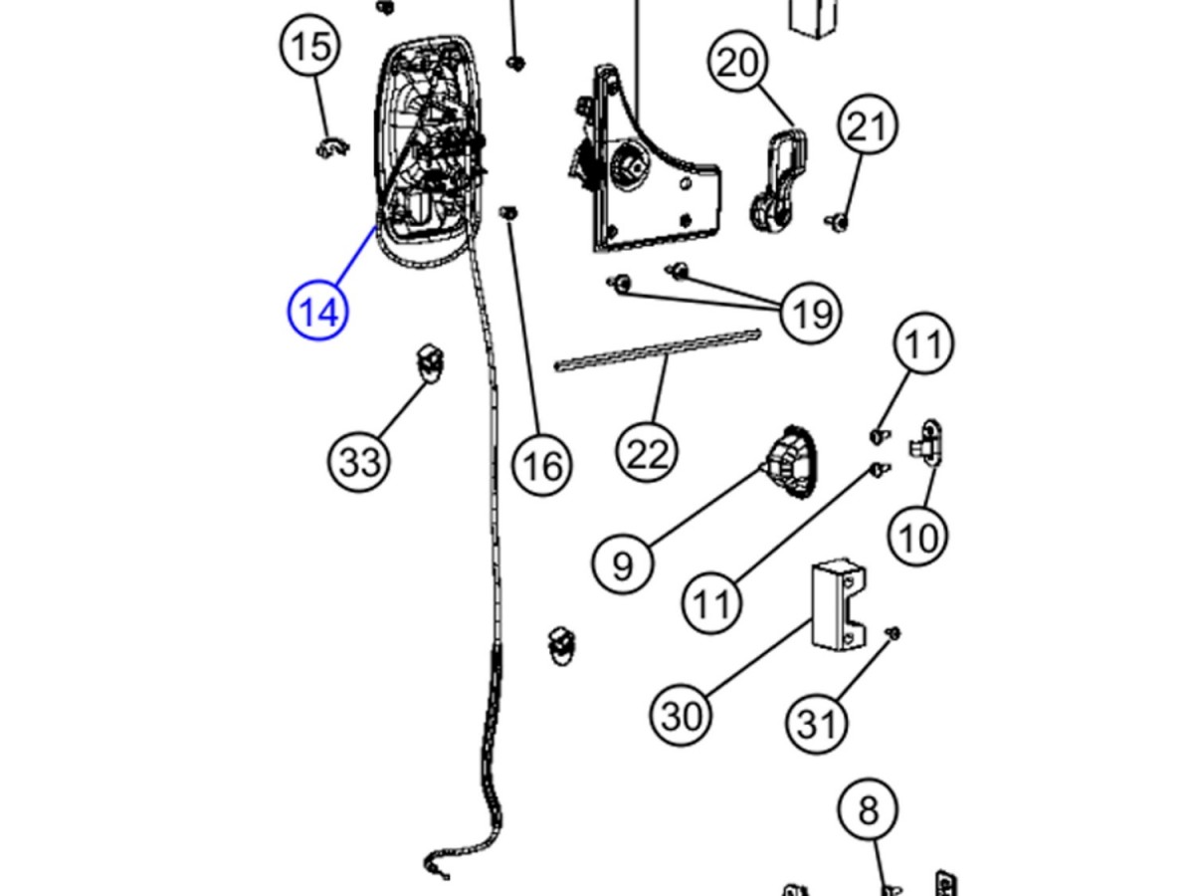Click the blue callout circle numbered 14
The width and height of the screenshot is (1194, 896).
click(x=318, y=311)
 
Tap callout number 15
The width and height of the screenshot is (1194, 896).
click(x=311, y=47)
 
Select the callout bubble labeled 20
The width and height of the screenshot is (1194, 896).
click(x=738, y=63)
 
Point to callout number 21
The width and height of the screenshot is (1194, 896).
click(x=867, y=126)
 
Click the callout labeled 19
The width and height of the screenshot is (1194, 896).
click(x=811, y=314)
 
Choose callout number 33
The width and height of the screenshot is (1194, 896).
click(x=360, y=461)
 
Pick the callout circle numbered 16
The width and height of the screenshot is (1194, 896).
click(x=542, y=464)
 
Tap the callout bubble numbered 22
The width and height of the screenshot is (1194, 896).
click(x=647, y=453)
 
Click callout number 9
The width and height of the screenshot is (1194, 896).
click(x=622, y=565)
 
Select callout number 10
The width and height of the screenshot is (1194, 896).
click(x=917, y=538)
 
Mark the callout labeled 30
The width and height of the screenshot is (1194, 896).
click(x=682, y=715)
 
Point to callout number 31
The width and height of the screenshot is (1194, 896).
click(x=817, y=724)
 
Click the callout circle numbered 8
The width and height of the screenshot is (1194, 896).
click(x=868, y=810)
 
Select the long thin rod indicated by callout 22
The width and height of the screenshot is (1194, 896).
click(x=657, y=350)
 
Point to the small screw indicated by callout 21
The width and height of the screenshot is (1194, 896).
click(x=838, y=221)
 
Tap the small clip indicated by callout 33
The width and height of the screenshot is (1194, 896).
click(x=430, y=361)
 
